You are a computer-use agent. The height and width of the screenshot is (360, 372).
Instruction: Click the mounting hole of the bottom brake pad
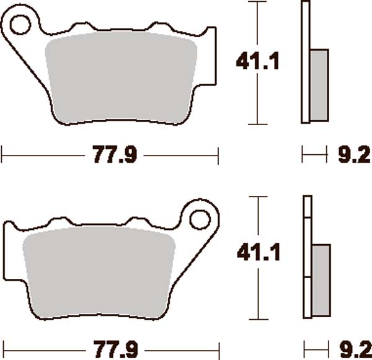[200, 221]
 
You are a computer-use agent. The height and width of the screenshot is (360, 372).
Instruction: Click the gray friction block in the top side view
[319, 84]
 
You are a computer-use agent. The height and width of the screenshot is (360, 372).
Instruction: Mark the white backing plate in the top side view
[304, 62]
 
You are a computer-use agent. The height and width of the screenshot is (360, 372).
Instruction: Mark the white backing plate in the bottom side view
[306, 260]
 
